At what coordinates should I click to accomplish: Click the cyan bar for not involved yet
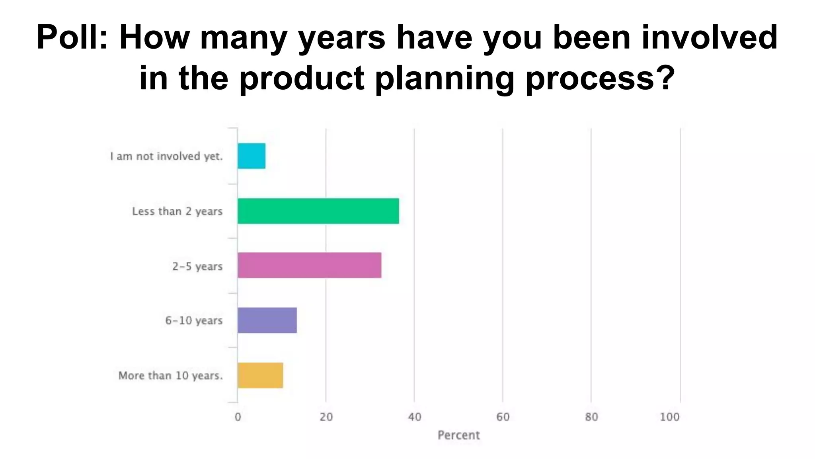tap(252, 156)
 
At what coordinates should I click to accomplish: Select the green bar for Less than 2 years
tap(318, 211)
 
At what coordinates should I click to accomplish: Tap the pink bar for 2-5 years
tap(309, 265)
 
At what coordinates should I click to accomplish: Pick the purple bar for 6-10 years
tap(267, 320)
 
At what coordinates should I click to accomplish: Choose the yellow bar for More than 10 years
tap(260, 375)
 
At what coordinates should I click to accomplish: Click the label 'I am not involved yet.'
tap(166, 156)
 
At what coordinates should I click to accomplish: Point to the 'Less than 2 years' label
tap(177, 211)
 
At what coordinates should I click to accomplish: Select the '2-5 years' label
tap(197, 266)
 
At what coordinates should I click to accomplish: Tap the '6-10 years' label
tap(194, 320)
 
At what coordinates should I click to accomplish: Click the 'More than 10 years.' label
tap(170, 375)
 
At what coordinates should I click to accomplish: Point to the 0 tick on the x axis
tap(238, 417)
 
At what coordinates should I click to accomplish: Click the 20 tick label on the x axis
tap(326, 417)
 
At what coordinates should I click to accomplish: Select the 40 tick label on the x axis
tap(414, 417)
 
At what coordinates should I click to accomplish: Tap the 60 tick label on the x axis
tap(503, 417)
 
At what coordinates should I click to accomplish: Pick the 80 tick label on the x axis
tap(591, 417)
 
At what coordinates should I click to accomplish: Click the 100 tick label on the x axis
tap(670, 417)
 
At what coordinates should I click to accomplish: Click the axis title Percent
tap(458, 435)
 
